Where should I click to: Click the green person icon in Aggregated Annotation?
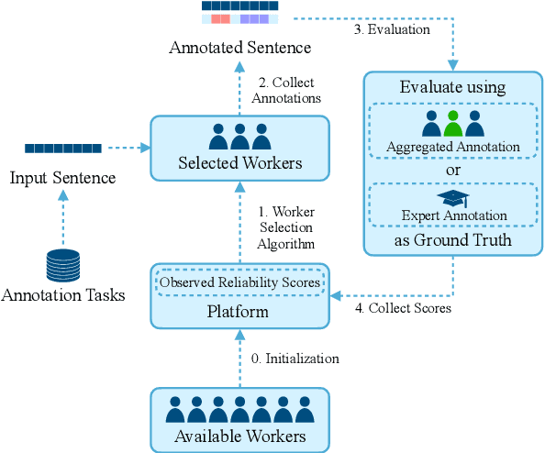point(452,123)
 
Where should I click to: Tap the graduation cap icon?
point(452,198)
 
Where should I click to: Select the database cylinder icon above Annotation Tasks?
point(63,264)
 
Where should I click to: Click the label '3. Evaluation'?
point(392,29)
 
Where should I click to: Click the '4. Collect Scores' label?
point(403,308)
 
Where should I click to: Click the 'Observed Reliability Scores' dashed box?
point(240,282)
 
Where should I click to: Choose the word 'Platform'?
point(239,311)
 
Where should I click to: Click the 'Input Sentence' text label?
point(63,177)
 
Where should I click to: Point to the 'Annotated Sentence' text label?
point(239,47)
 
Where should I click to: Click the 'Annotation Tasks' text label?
point(63,295)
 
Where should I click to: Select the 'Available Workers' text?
point(239,436)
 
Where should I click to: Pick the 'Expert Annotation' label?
point(452,216)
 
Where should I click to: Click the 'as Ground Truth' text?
point(452,240)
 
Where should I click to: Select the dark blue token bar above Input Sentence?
point(63,148)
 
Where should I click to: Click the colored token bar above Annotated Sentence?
point(239,13)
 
